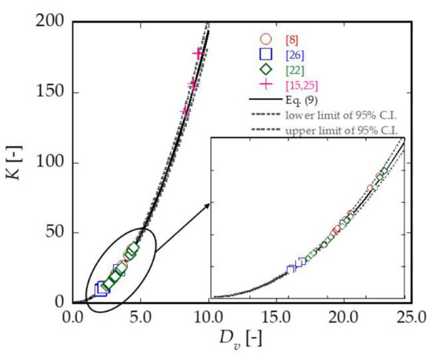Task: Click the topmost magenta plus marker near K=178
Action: [198, 53]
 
